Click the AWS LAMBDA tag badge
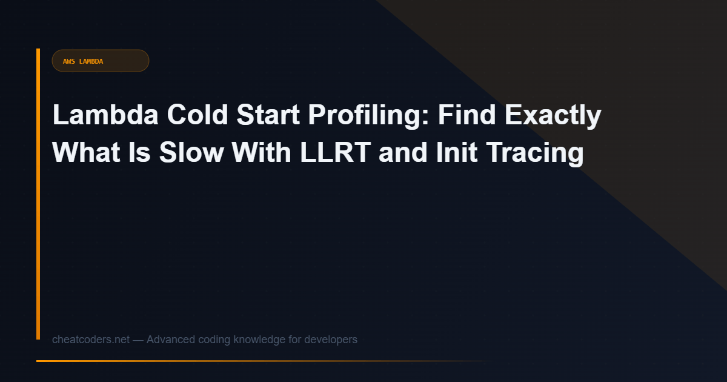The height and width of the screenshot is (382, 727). coord(100,61)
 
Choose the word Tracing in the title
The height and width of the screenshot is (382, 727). coord(528,153)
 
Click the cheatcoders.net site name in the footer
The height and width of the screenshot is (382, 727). coord(91,340)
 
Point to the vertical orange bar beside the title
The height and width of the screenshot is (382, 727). coord(38,194)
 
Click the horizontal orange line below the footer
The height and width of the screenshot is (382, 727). coord(242,361)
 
